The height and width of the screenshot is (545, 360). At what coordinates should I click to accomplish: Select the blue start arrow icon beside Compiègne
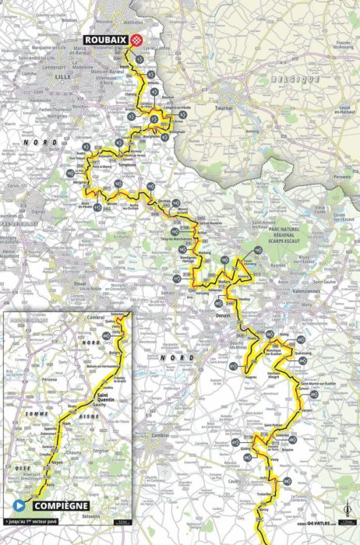coord(16,502)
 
